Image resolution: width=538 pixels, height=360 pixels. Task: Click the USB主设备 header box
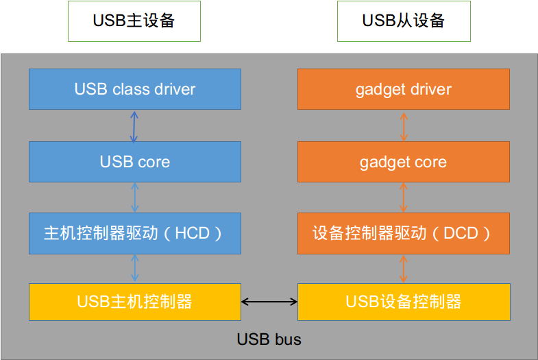134,21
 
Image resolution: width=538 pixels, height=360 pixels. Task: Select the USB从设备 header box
404,21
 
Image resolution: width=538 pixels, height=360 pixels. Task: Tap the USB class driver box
135,89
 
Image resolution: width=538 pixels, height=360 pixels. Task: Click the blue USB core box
135,162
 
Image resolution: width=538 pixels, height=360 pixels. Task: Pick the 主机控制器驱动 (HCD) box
135,233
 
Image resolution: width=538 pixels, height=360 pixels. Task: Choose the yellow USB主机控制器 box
135,301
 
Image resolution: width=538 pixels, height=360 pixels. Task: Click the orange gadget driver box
404,89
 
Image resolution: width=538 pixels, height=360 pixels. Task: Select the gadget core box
404,162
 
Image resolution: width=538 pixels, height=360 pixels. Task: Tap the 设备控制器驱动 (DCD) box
404,233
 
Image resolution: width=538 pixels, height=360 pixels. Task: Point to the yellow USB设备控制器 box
404,301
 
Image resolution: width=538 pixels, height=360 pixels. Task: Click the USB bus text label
269,339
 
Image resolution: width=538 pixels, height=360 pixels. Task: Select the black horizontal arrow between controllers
269,301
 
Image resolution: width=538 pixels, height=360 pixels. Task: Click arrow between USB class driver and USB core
134,125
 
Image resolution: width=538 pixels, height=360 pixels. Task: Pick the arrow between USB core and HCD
135,197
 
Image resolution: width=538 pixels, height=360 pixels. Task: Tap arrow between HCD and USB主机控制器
135,267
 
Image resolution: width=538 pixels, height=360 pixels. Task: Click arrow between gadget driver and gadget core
404,125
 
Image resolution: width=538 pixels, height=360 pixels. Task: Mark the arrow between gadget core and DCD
404,197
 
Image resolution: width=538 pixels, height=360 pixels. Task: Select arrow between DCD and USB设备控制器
404,267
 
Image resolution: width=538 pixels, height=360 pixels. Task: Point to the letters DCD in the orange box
459,233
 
